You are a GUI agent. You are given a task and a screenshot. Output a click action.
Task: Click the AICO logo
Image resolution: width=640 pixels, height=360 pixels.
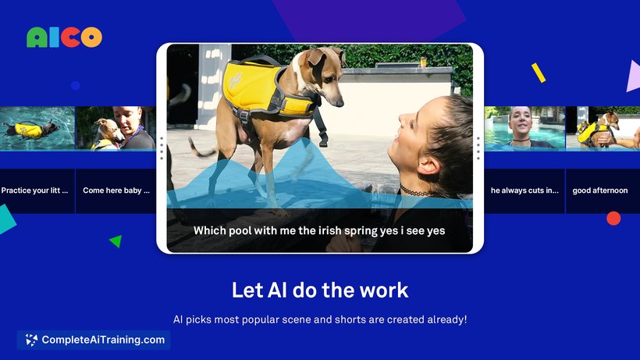(x=64, y=37)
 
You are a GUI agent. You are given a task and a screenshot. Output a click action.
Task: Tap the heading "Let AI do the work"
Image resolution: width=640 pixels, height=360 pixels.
(x=320, y=290)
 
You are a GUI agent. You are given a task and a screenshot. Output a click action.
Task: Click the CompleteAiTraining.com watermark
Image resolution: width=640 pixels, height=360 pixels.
(x=94, y=340)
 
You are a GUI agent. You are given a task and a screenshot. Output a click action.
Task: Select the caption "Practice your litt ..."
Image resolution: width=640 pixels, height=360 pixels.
(x=35, y=191)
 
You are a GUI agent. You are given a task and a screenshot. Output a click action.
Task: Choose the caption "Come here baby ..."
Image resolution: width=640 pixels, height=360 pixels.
(x=116, y=191)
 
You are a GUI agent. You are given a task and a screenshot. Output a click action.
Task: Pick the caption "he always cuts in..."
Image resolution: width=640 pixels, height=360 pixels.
(x=524, y=191)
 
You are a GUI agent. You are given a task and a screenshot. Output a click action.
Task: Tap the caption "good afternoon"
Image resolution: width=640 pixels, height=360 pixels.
(x=599, y=191)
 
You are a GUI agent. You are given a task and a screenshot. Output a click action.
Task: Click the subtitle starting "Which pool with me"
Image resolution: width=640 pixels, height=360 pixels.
(x=319, y=231)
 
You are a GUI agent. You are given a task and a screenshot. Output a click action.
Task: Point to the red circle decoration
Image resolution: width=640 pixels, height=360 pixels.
(x=613, y=219)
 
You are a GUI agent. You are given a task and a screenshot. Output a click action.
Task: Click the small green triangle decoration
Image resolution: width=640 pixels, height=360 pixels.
(x=116, y=241)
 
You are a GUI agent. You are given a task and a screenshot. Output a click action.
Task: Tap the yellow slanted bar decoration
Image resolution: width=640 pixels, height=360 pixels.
(x=539, y=73)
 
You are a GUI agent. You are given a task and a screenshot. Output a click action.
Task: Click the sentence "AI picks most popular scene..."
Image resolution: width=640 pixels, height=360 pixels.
(x=320, y=319)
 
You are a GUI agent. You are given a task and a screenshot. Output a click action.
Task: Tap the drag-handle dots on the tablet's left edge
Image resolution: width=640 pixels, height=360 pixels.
(x=162, y=148)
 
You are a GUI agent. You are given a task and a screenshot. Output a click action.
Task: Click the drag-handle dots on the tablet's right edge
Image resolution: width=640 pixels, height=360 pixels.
(x=478, y=148)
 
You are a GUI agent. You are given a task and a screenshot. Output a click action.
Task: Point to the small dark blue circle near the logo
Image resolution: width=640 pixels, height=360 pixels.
(x=76, y=86)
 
